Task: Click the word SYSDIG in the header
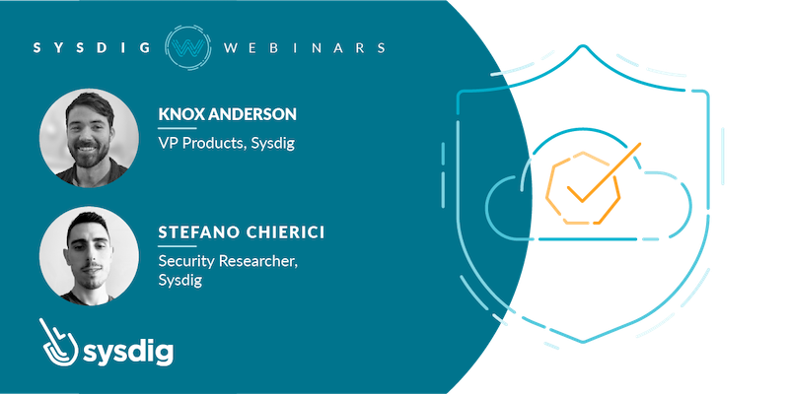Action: (92, 47)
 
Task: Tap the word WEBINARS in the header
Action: (304, 47)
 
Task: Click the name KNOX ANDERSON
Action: (228, 114)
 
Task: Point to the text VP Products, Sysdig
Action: (227, 144)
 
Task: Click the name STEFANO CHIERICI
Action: (241, 232)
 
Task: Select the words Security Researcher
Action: (228, 262)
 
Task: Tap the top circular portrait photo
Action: (89, 138)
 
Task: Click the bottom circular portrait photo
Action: (89, 256)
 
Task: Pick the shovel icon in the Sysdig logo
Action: (58, 342)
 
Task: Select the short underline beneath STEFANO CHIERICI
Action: (178, 246)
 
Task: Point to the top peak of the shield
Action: (583, 45)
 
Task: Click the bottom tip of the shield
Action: (583, 342)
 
